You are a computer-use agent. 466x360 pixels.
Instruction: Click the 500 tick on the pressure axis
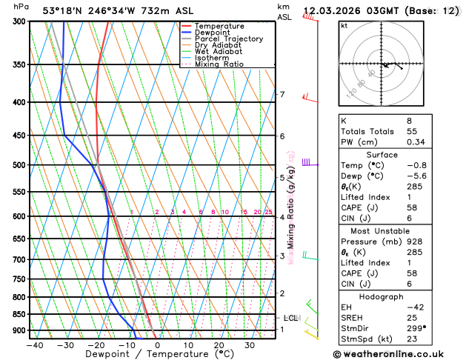coord(16,165)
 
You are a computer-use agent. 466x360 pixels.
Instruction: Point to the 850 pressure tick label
coord(16,314)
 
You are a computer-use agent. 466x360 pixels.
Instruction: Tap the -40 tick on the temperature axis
coord(34,345)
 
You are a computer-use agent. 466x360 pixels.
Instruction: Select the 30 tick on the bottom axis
coord(250,345)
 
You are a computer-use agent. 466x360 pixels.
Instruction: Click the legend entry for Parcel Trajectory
coord(228,39)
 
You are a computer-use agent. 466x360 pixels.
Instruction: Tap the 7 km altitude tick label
coord(282,95)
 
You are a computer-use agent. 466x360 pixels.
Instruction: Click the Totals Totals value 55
coord(412,130)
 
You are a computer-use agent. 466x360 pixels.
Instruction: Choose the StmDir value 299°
coord(417,328)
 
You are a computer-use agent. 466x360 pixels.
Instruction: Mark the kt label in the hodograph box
coord(344,25)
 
